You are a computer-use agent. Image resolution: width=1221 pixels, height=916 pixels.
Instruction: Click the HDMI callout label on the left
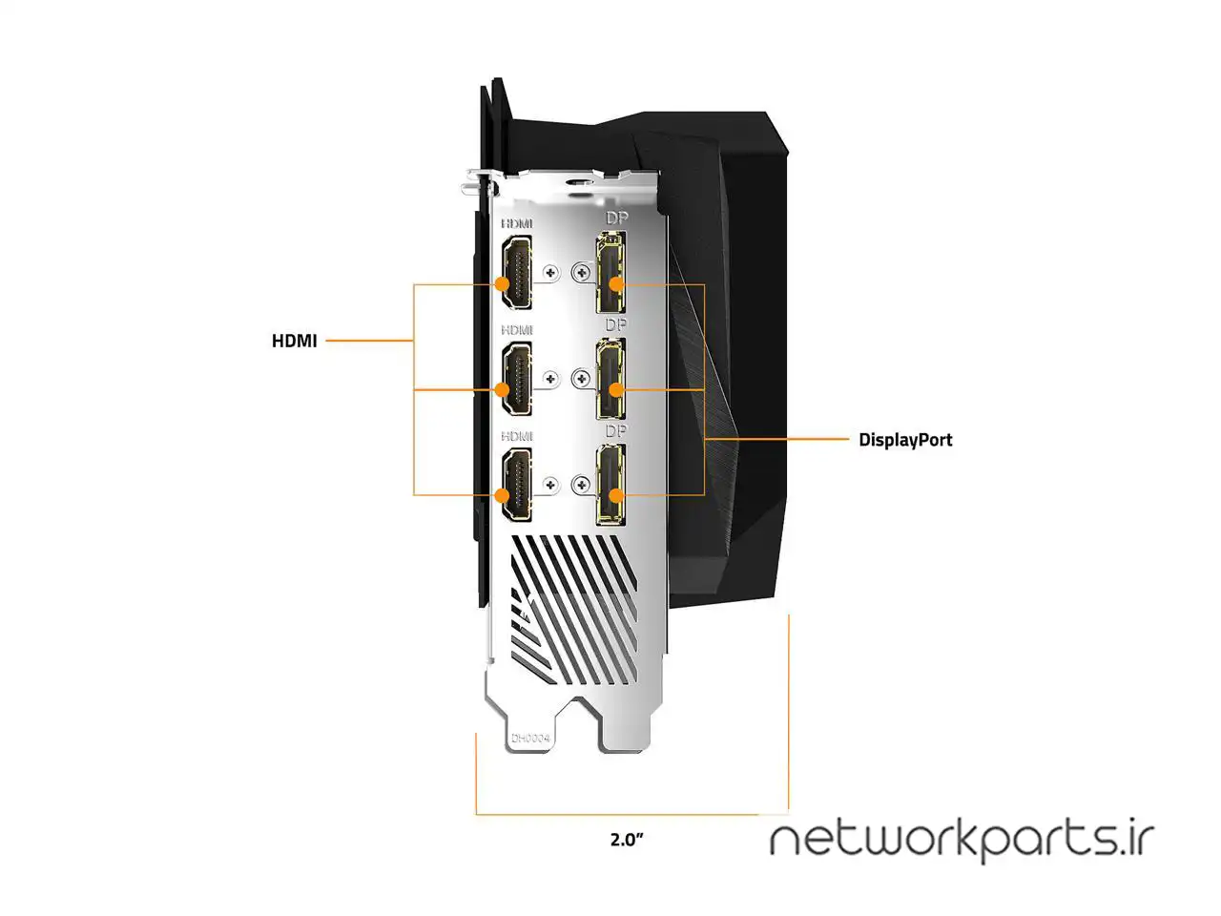[294, 341]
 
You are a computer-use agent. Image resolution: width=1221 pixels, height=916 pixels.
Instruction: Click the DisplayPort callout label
[904, 440]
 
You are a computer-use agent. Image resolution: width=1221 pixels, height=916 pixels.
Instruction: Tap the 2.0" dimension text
[627, 840]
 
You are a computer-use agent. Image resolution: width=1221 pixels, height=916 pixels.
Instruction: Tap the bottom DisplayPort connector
[610, 486]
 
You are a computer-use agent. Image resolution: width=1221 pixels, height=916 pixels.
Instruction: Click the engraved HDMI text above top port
[517, 223]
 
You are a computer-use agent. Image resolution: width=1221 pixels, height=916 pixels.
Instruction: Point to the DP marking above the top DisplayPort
[616, 218]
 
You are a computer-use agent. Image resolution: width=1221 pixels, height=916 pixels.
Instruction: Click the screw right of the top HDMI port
[549, 273]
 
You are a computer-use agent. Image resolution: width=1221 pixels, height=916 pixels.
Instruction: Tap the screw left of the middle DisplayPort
[581, 380]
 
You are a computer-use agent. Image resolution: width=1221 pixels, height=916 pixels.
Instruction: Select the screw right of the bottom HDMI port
[549, 485]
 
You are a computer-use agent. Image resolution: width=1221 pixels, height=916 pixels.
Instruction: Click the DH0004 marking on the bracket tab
[530, 739]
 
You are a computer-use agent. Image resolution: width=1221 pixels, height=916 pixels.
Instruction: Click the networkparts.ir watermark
[962, 840]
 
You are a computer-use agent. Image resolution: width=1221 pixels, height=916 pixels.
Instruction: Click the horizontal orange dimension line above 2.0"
[631, 814]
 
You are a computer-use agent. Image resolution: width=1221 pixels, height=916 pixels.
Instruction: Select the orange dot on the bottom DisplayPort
[616, 495]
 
